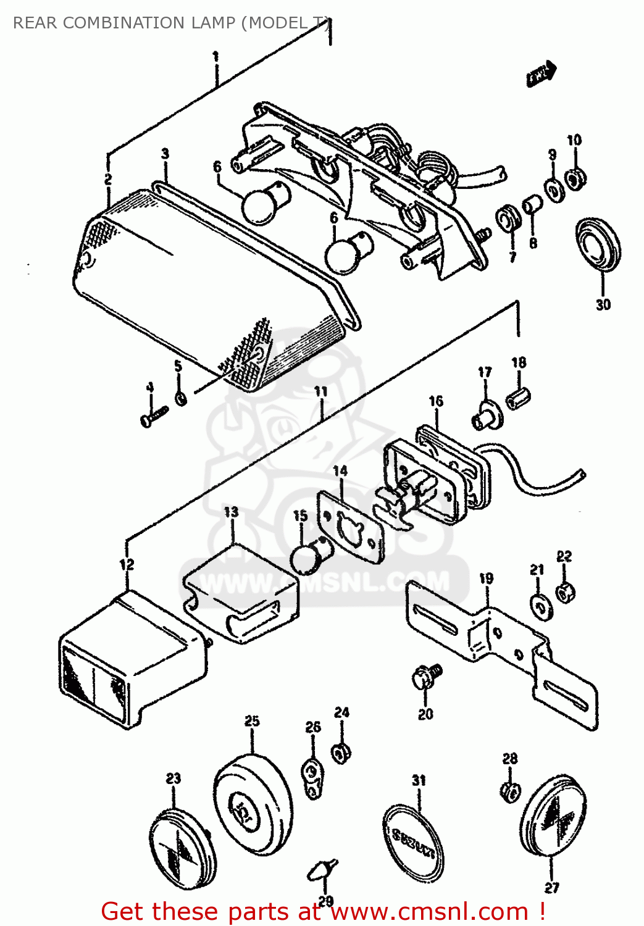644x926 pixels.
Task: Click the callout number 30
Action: click(x=603, y=304)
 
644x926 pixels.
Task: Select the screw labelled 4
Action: click(x=153, y=415)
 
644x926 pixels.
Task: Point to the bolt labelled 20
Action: click(x=425, y=677)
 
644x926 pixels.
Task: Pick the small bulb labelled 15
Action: click(x=309, y=555)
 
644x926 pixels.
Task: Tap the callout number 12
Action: click(x=126, y=564)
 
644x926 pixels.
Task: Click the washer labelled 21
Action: click(x=542, y=605)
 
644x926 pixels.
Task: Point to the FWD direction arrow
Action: click(x=542, y=74)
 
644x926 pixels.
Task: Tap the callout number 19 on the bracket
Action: click(x=487, y=578)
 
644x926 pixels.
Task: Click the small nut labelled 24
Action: click(x=340, y=753)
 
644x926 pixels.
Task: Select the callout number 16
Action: click(x=436, y=401)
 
